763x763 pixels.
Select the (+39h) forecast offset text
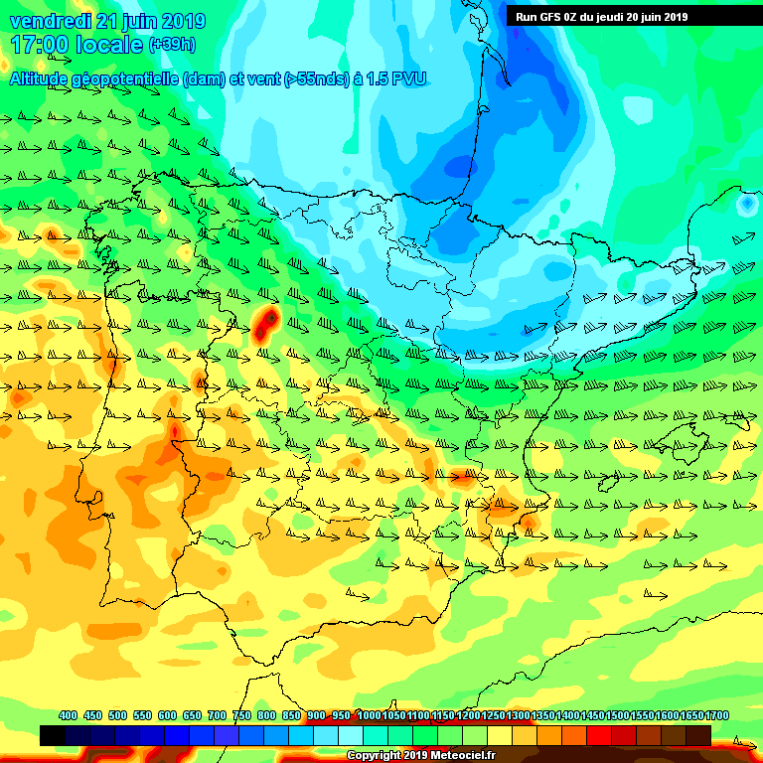172,45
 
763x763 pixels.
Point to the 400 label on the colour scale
68,715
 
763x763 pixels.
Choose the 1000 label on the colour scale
370,715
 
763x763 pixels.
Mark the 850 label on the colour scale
291,715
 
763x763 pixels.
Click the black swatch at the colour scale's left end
53,736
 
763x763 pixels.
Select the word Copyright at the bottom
375,756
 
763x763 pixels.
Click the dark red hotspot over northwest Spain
265,324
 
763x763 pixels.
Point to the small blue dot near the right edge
745,204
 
